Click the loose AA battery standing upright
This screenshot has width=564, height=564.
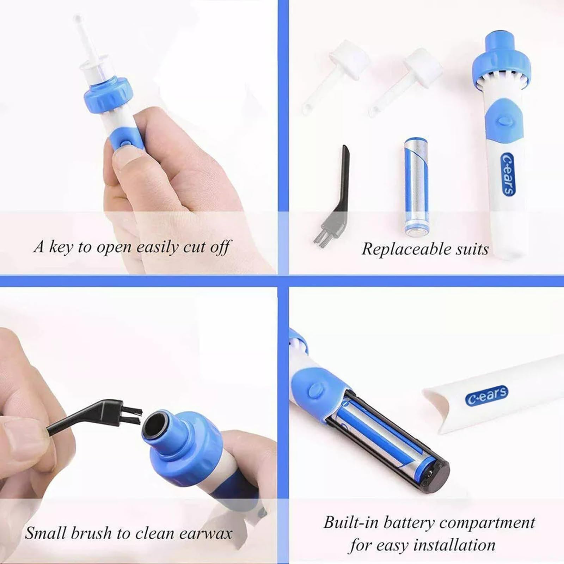point(417,187)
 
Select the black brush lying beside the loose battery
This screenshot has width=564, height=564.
point(335,197)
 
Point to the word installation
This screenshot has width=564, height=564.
point(454,545)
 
